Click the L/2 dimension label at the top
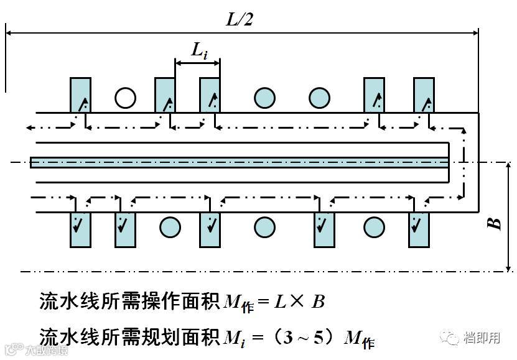240,19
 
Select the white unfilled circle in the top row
124,97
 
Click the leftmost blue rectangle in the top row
80,95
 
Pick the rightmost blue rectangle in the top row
424,95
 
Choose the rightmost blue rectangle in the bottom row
419,229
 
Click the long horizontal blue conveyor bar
240,162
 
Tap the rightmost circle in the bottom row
374,227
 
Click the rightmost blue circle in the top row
320,97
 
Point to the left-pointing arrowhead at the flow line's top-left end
29,127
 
